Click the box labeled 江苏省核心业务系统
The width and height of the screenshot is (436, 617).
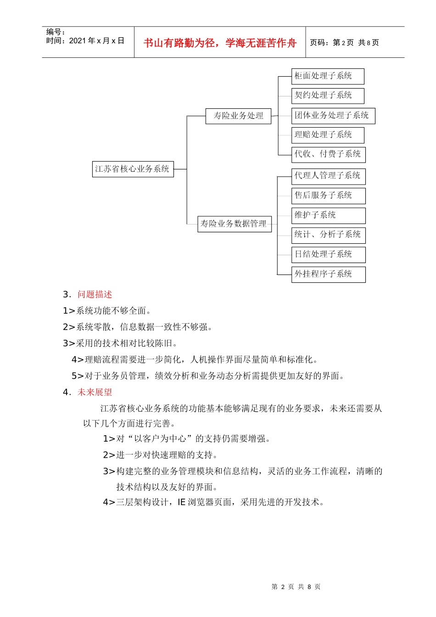(x=133, y=169)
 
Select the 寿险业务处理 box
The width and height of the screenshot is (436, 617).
(x=238, y=116)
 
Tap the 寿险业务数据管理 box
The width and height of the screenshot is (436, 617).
(x=235, y=224)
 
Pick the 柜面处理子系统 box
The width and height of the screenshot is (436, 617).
(x=328, y=76)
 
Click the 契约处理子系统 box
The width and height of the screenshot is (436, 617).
(x=328, y=95)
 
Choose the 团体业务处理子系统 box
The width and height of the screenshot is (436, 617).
(x=333, y=115)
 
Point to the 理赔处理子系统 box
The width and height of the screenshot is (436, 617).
(x=328, y=135)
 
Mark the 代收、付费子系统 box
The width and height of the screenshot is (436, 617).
(x=328, y=154)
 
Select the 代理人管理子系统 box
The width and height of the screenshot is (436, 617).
(x=328, y=176)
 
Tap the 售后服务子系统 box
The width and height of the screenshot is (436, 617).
(x=328, y=196)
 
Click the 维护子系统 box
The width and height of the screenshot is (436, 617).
(x=328, y=215)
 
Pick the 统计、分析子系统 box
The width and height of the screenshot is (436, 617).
(x=328, y=235)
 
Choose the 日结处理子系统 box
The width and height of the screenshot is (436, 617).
(x=328, y=254)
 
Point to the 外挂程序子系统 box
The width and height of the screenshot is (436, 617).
(x=328, y=274)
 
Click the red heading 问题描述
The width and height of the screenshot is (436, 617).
(x=95, y=295)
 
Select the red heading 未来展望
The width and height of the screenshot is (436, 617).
(x=95, y=393)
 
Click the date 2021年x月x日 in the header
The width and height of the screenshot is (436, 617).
(x=96, y=41)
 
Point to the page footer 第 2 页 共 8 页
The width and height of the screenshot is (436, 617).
(x=296, y=587)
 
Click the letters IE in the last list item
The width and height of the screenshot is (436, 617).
(x=181, y=502)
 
